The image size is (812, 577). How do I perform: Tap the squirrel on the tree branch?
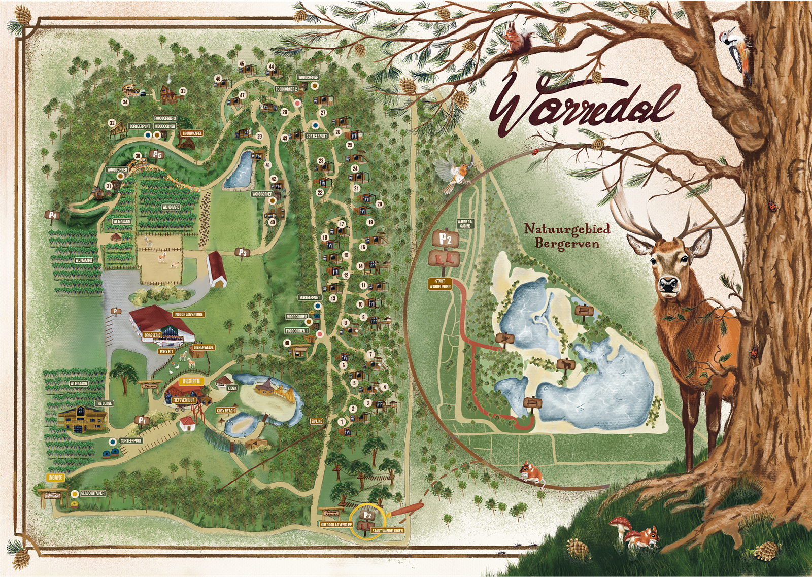point(518,38)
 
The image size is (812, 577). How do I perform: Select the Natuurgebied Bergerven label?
point(567,236)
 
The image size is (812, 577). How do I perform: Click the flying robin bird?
point(454,174)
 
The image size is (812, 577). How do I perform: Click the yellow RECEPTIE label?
point(192,381)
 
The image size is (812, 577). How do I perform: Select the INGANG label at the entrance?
point(55,477)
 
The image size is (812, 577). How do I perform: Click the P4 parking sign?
point(53,215)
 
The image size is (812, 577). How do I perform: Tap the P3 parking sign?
point(242,252)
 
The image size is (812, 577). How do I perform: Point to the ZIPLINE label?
point(317,421)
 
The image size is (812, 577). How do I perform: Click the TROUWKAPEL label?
point(191,133)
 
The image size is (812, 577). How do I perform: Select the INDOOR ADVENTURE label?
point(188,314)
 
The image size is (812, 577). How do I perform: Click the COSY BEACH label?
point(226,411)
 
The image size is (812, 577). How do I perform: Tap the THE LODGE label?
point(104,403)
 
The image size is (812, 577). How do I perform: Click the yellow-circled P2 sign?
point(368,516)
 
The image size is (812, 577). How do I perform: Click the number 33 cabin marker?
point(183,91)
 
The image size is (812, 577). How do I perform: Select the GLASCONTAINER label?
point(93,493)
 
